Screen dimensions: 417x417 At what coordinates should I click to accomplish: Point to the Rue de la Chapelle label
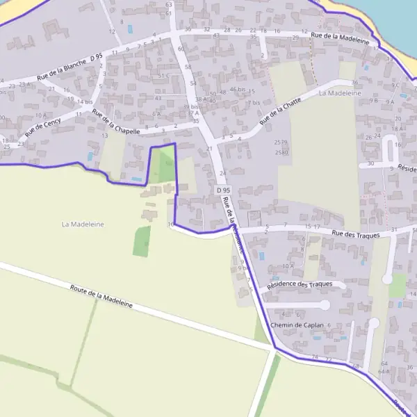coord(116,123)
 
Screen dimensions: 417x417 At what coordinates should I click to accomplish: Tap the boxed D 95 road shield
coord(222,190)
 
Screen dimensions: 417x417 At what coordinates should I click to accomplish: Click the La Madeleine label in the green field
coord(83,224)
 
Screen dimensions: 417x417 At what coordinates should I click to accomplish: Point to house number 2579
coord(281,142)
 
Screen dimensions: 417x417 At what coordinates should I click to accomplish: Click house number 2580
coord(281,152)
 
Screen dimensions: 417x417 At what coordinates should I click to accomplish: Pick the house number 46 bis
coord(238,89)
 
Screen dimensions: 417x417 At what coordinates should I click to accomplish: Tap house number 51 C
coord(163,76)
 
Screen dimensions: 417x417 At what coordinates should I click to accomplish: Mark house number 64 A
coord(384,372)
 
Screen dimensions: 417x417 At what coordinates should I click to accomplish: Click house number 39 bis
coord(190,106)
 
